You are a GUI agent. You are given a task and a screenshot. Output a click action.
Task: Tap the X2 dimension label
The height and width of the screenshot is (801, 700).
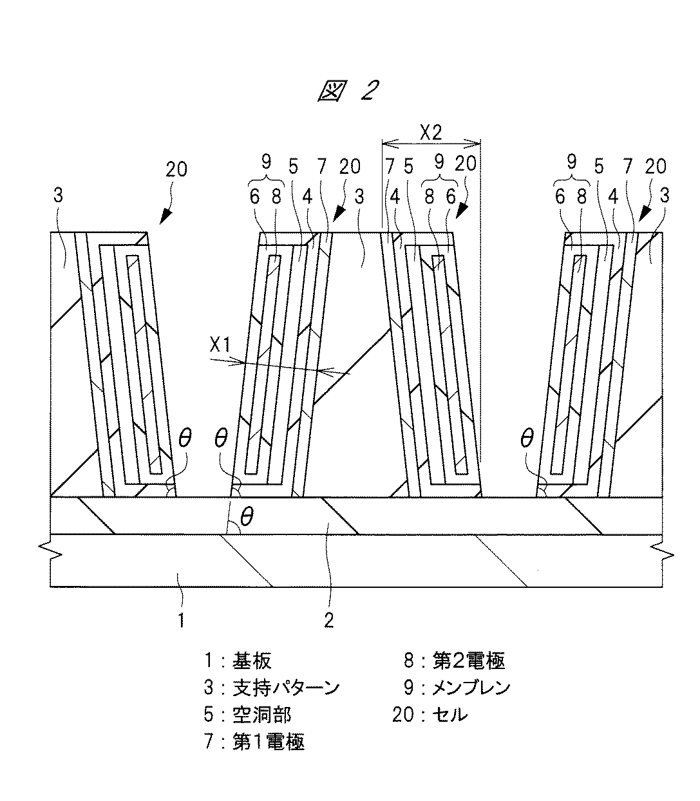tap(430, 133)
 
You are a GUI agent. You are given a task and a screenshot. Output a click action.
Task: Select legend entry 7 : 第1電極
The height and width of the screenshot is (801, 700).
tap(254, 742)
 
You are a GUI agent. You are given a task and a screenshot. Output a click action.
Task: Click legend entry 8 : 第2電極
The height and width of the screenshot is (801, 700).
tap(454, 660)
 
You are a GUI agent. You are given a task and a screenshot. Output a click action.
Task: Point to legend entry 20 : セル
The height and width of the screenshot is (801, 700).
tap(430, 715)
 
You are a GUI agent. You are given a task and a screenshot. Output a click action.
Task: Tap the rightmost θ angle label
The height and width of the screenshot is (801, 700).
tap(526, 439)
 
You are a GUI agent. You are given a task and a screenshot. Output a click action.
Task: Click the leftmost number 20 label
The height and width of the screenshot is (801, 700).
tap(176, 169)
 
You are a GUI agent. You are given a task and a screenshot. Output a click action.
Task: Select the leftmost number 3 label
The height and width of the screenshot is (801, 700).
tap(59, 196)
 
